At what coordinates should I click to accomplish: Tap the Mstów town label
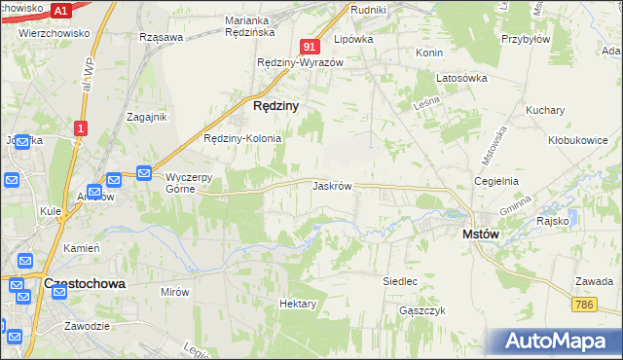[x=480, y=234]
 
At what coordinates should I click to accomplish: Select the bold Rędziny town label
[x=275, y=105]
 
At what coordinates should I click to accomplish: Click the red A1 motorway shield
[x=59, y=11]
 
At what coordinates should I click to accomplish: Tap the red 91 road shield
[x=310, y=47]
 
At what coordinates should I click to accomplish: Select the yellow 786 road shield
[x=584, y=305]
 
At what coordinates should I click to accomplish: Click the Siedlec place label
[x=399, y=281]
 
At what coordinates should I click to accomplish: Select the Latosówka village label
[x=460, y=78]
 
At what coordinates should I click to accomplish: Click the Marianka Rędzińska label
[x=260, y=25]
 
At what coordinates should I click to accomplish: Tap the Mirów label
[x=175, y=291]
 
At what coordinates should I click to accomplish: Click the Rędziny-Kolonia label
[x=242, y=138]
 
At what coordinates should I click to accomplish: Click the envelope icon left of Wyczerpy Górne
[x=144, y=173]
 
